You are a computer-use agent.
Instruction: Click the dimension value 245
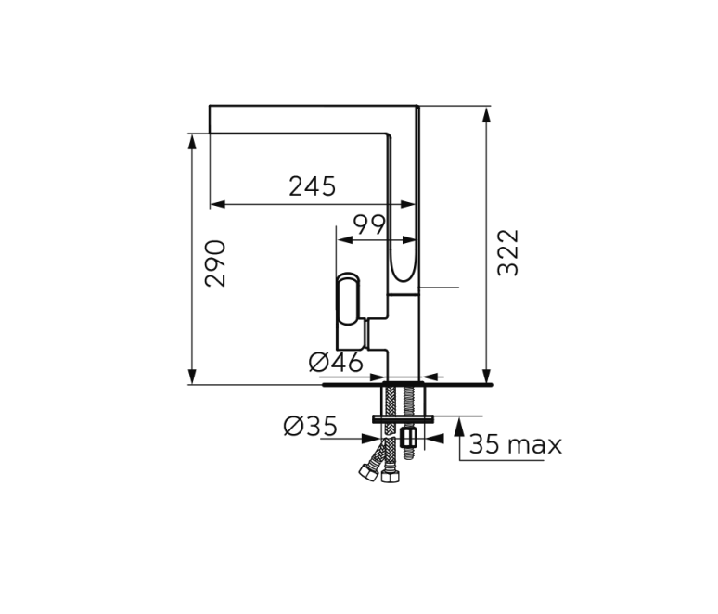tap(312, 186)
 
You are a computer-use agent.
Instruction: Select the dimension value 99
tap(370, 224)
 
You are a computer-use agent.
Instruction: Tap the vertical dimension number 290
tap(214, 262)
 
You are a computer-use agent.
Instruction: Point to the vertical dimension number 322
tap(508, 252)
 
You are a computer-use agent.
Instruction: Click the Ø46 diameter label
tap(336, 363)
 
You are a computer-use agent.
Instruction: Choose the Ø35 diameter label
tap(310, 427)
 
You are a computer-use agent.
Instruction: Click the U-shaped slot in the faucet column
tap(404, 259)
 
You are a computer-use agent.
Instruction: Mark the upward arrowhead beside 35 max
tap(459, 426)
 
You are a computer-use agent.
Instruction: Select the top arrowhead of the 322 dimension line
tap(487, 114)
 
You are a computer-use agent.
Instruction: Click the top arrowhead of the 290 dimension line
tap(192, 141)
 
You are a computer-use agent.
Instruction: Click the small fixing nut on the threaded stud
tap(408, 437)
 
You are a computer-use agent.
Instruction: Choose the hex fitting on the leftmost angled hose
tap(368, 471)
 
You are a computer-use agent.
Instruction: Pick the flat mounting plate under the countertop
tap(404, 419)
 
